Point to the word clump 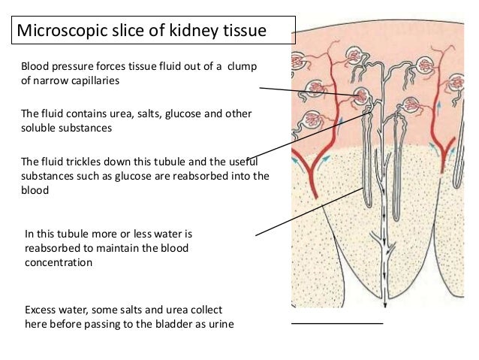click(242, 67)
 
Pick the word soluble click(38, 128)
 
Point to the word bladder click(170, 324)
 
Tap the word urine click(219, 324)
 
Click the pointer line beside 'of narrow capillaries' click(308, 92)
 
